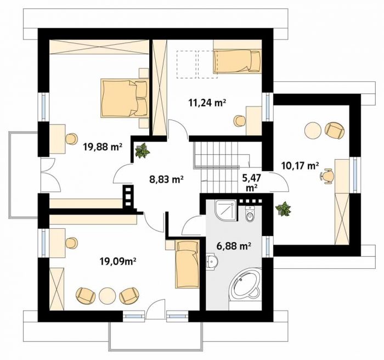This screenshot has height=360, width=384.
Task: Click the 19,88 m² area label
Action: coord(103,147)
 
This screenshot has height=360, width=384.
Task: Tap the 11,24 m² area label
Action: coord(207,103)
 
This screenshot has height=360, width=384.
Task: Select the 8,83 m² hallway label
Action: coord(167,179)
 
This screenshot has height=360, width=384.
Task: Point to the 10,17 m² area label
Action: coord(300,166)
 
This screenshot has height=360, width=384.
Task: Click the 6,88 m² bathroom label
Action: coord(234,245)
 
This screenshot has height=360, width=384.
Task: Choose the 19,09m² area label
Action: coord(118,262)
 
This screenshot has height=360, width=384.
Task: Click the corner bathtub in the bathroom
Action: coord(245,285)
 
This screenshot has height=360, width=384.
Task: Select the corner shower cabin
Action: coord(226,210)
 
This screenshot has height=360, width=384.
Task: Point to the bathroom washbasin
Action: coord(212,261)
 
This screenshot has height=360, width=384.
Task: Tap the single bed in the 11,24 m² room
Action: coord(238,61)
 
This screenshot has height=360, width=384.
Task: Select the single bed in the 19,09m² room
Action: coord(187,264)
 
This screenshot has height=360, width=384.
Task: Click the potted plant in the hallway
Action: coord(142,150)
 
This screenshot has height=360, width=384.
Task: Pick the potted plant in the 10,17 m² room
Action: coord(284,209)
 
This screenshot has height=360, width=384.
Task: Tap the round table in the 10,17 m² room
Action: coord(313,130)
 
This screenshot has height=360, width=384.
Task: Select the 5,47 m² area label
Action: coord(251,183)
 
